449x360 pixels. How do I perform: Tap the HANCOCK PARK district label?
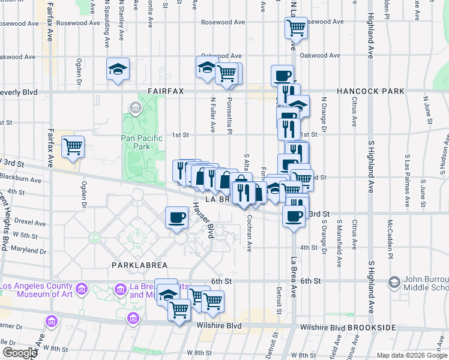[x=370, y=91]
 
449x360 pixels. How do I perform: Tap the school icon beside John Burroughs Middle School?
[x=394, y=281]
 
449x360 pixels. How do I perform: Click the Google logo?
[x=19, y=353]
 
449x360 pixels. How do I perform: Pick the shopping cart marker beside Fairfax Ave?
[x=73, y=146]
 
